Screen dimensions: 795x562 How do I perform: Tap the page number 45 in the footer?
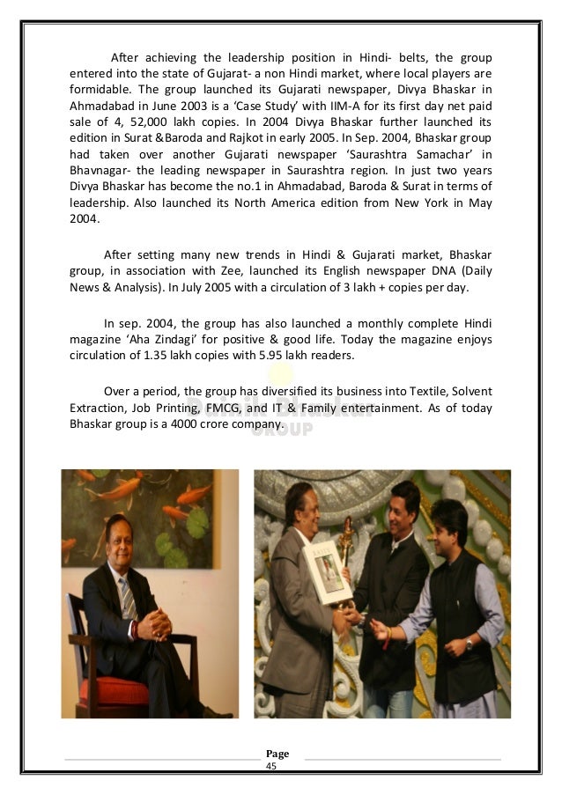271,768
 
